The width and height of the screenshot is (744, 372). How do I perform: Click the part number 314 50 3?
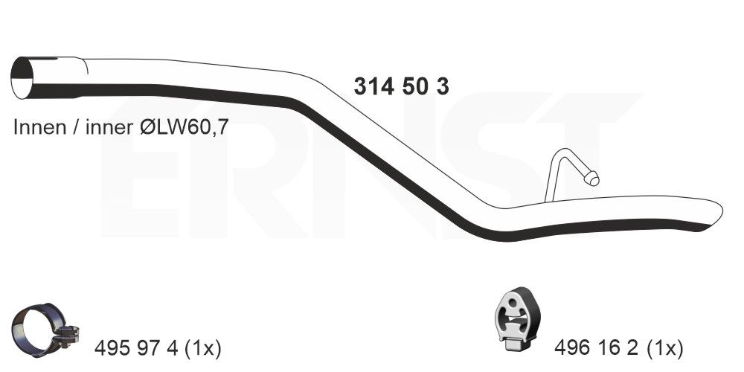402,86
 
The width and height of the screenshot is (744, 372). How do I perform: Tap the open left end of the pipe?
22,78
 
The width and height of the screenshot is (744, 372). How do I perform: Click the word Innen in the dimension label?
40,127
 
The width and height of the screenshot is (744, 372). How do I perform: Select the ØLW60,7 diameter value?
185,128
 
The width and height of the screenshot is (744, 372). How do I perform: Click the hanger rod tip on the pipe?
591,179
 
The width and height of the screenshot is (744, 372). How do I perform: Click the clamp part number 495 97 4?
135,349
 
